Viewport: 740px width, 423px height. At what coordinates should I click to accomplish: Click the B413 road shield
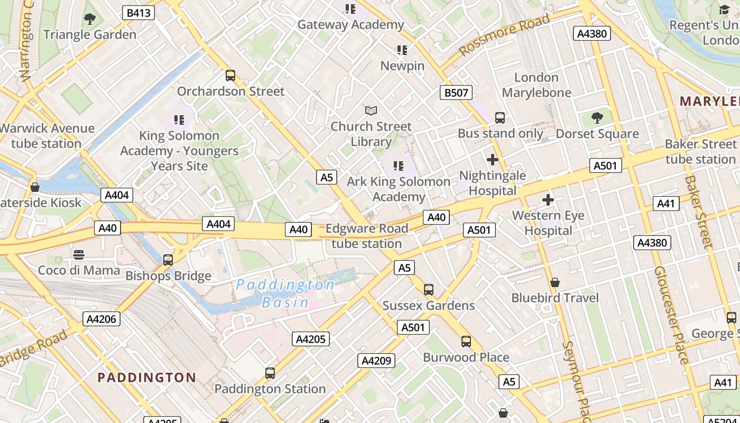[x=138, y=13]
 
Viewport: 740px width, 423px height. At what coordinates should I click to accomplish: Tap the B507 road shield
[x=456, y=93]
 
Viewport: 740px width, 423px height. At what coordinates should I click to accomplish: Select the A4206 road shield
[x=101, y=319]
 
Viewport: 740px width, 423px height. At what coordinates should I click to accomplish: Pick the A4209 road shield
[x=376, y=361]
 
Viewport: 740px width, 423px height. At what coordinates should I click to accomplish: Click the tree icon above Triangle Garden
[x=90, y=20]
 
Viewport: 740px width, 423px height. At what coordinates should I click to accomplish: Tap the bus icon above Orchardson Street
[x=230, y=76]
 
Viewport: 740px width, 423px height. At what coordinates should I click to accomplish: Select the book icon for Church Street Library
[x=371, y=111]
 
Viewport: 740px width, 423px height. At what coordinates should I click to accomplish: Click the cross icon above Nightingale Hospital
[x=493, y=160]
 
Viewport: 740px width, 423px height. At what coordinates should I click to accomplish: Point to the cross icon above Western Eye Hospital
[x=548, y=200]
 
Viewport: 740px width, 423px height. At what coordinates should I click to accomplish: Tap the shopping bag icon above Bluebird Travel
[x=555, y=282]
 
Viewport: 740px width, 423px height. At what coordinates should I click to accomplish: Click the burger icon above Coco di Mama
[x=79, y=255]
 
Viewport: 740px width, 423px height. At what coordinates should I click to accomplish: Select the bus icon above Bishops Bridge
[x=168, y=260]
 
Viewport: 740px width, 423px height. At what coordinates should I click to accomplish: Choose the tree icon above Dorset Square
[x=597, y=118]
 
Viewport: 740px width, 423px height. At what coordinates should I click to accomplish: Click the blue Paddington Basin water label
[x=285, y=293]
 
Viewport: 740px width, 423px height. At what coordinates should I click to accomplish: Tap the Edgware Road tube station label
[x=367, y=236]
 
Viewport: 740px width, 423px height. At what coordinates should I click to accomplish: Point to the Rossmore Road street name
[x=504, y=35]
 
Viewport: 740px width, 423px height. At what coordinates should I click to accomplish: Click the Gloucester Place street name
[x=671, y=315]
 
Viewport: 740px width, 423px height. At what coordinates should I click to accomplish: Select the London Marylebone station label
[x=536, y=85]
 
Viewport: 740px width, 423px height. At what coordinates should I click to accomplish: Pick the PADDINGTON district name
[x=147, y=378]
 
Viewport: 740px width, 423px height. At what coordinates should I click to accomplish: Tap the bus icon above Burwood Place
[x=466, y=342]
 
